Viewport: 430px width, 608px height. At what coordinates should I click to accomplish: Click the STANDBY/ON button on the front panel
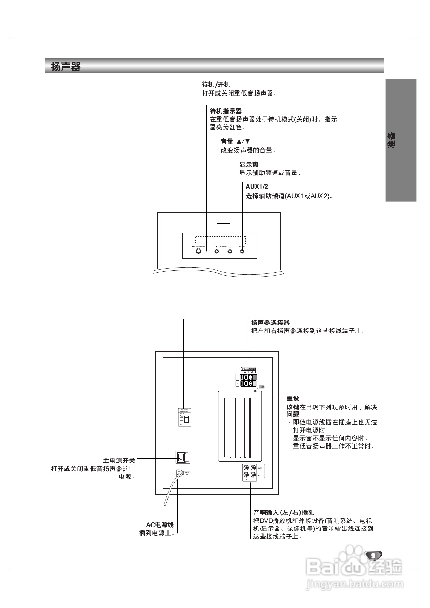coord(198,251)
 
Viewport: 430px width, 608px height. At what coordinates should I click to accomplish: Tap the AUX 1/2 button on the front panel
coord(242,251)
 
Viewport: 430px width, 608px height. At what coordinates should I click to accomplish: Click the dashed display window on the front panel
coord(220,240)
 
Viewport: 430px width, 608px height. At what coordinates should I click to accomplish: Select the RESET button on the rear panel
coord(255,391)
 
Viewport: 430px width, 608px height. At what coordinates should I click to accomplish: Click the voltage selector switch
coord(186,419)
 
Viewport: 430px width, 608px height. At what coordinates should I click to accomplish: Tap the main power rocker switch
coord(180,457)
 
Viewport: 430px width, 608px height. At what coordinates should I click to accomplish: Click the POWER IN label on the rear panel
coord(187,473)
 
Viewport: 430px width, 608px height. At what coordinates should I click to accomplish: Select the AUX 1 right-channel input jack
coord(246,468)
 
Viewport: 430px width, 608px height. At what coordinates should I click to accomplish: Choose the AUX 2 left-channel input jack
coord(253,475)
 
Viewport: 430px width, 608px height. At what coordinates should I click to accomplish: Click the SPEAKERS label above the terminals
coord(248,368)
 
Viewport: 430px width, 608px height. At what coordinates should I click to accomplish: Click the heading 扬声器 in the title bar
coord(66,67)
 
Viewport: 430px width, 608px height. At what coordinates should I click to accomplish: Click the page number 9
coord(373,555)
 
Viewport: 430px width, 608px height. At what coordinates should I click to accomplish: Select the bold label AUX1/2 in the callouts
coord(257,186)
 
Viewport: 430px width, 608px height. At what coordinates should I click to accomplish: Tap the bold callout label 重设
coord(293,399)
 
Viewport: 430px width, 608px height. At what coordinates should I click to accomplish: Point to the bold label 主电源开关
coord(119,461)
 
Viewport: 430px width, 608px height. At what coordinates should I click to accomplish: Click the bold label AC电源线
coord(160,525)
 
